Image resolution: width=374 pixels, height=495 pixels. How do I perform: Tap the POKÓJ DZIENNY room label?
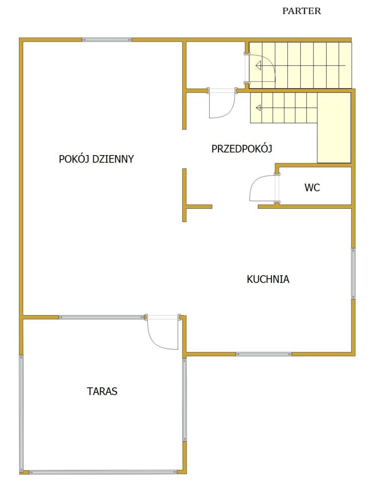tap(96, 159)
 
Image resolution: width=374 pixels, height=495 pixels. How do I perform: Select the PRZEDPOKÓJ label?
tap(242, 148)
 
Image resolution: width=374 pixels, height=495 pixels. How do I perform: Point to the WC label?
tap(312, 187)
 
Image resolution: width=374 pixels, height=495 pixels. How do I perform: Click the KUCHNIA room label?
tap(268, 279)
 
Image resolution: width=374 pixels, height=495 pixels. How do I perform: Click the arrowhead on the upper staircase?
tap(258, 66)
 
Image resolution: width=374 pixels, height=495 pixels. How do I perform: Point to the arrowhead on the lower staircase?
tap(258, 108)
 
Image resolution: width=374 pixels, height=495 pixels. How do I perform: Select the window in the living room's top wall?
tap(107, 40)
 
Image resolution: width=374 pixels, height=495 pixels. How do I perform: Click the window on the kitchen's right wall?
tap(353, 273)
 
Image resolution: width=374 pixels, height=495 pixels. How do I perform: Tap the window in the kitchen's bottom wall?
tap(264, 354)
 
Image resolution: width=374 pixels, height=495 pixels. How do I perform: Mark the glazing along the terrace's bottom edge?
tap(103, 472)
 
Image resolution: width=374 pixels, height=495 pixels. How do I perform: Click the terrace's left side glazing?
tap(21, 413)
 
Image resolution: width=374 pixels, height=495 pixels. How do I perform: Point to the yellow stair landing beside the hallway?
tap(334, 127)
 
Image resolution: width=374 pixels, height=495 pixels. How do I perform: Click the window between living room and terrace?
tap(102, 317)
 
